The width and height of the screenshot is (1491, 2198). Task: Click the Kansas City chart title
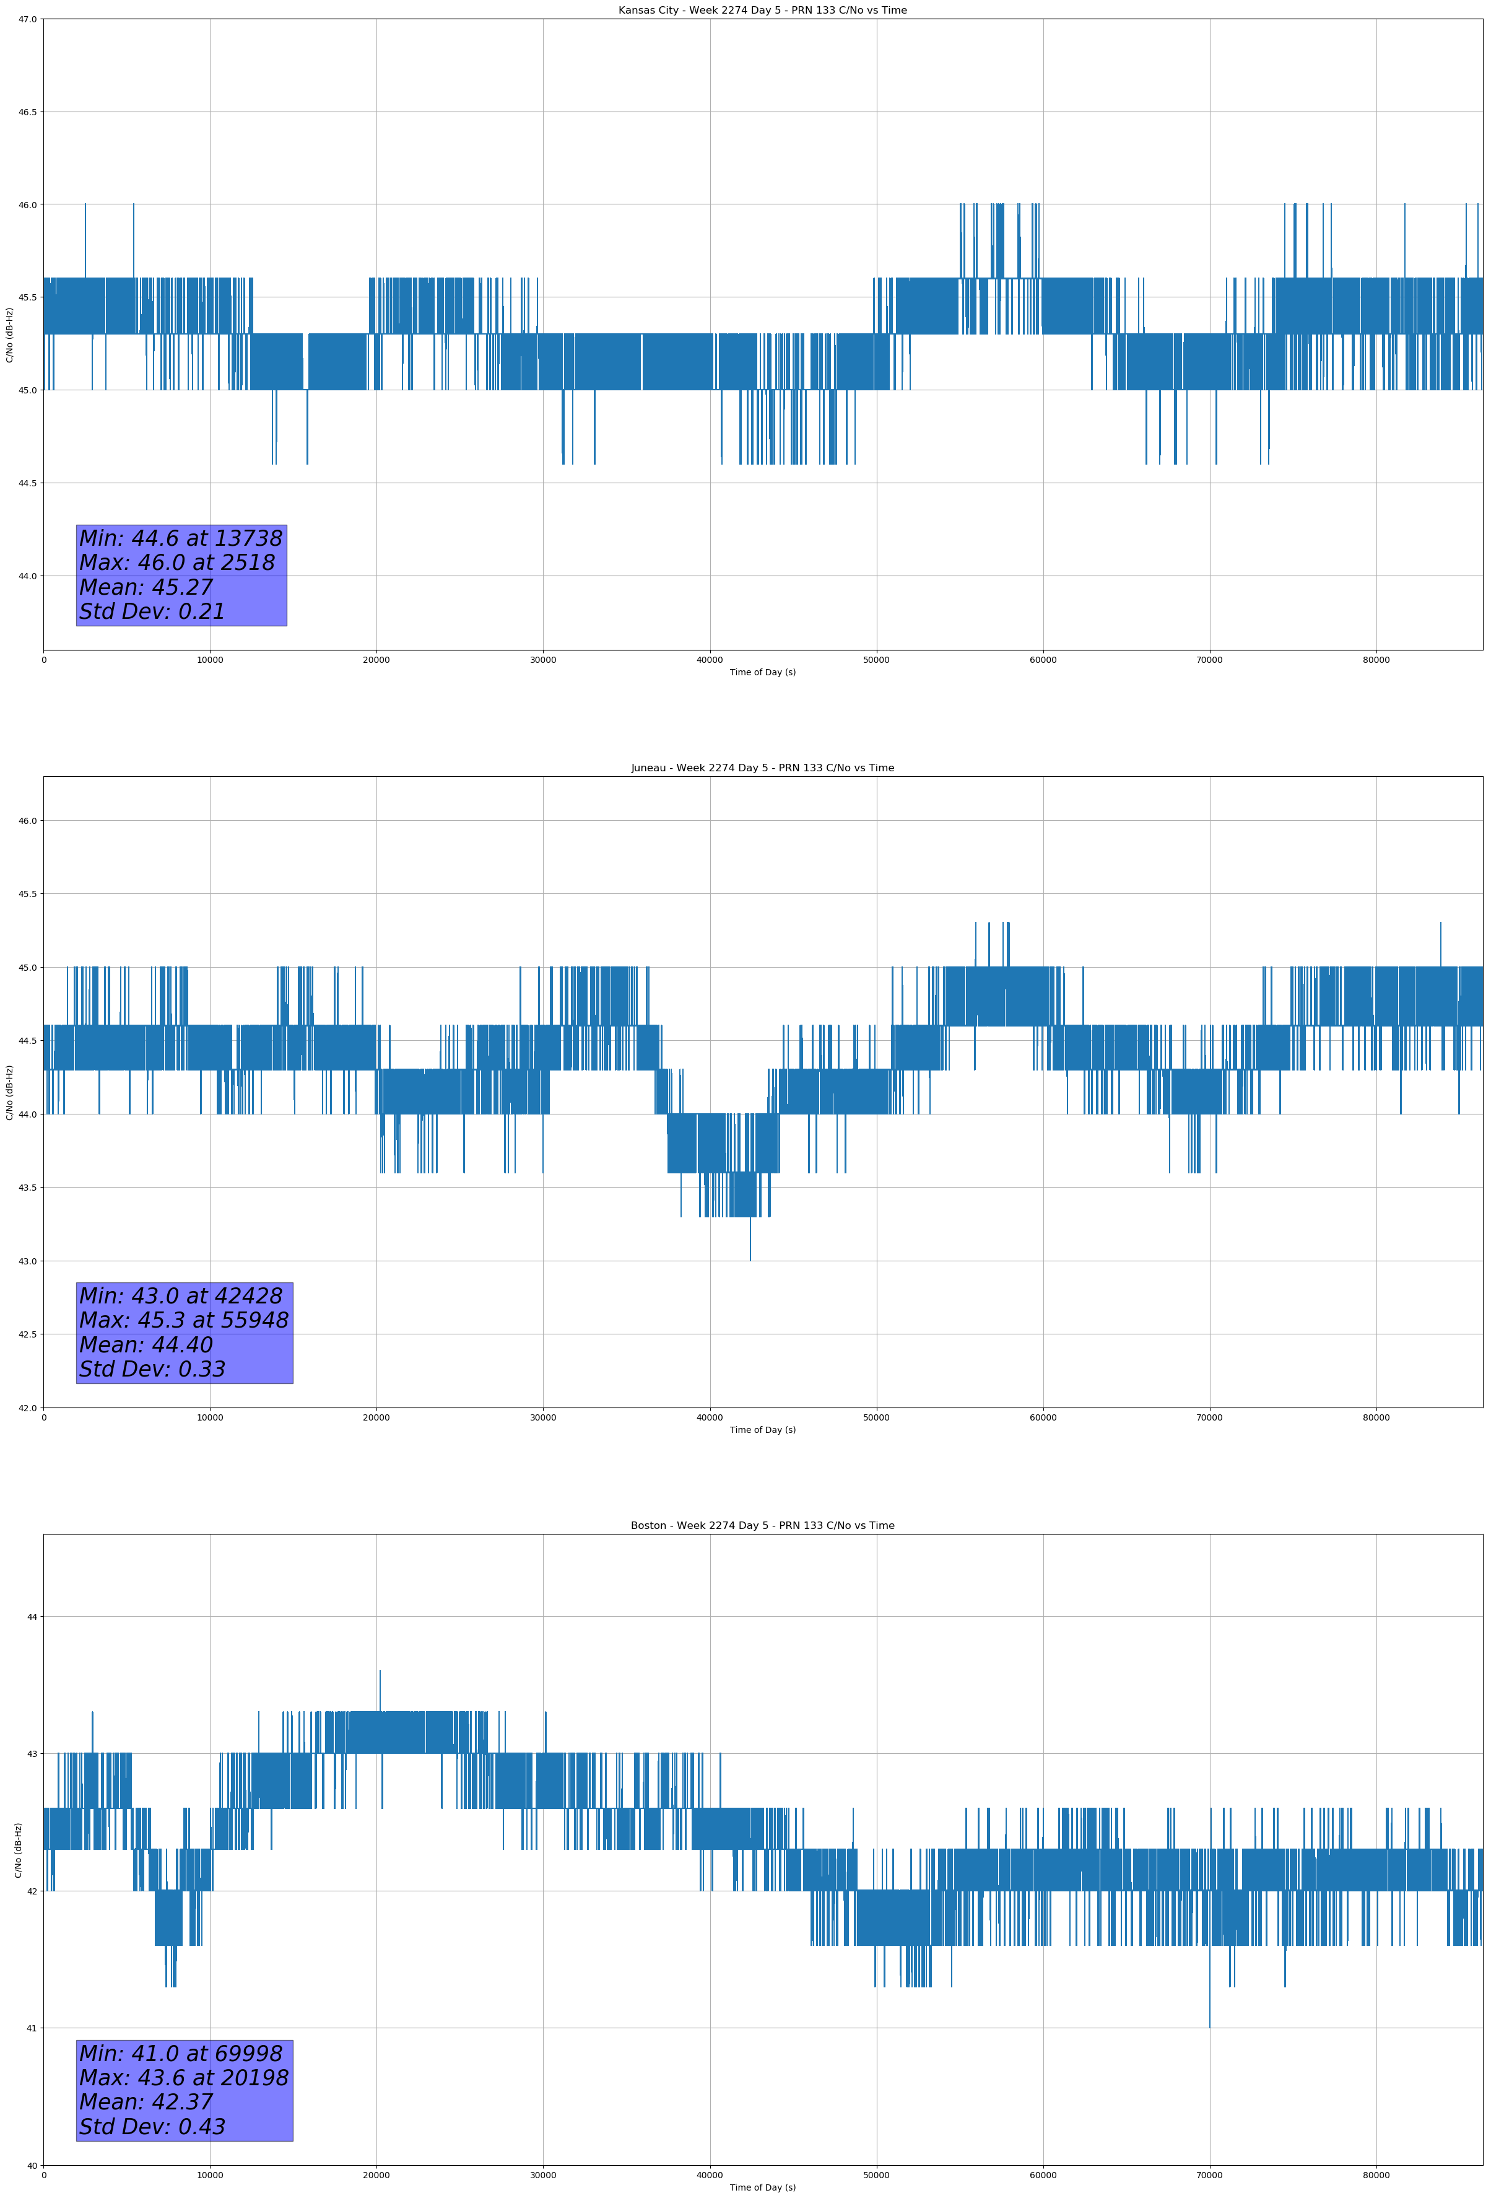pyautogui.click(x=762, y=11)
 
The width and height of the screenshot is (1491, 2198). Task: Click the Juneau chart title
pyautogui.click(x=762, y=768)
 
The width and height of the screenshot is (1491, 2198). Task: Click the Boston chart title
pyautogui.click(x=762, y=1526)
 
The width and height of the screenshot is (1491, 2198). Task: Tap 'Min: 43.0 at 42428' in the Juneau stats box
pyautogui.click(x=181, y=1296)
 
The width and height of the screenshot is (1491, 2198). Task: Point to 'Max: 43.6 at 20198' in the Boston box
pyautogui.click(x=183, y=2078)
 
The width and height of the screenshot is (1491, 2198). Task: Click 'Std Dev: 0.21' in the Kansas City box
pyautogui.click(x=152, y=612)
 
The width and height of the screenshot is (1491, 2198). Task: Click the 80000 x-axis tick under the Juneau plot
pyautogui.click(x=1376, y=1417)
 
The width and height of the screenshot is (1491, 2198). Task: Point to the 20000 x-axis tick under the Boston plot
pyautogui.click(x=376, y=2175)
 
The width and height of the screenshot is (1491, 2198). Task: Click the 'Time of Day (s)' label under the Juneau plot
pyautogui.click(x=762, y=1430)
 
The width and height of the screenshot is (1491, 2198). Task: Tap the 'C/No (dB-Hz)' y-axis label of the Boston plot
pyautogui.click(x=18, y=1850)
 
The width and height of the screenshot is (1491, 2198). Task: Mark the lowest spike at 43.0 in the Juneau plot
pyautogui.click(x=750, y=1248)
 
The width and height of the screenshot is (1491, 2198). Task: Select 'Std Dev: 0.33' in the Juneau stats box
pyautogui.click(x=152, y=1370)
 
